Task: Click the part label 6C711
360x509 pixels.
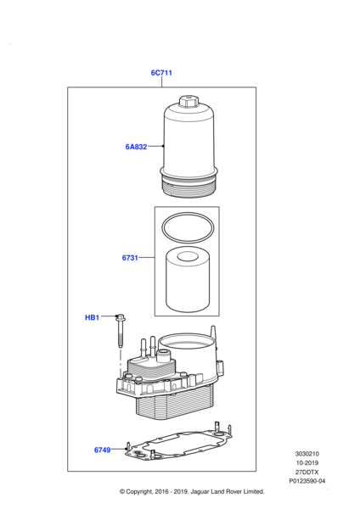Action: tap(161, 73)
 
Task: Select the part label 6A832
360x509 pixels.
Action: tap(136, 147)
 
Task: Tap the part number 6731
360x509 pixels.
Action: tap(130, 258)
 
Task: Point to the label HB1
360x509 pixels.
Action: tap(92, 317)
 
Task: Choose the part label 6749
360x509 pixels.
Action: tap(103, 450)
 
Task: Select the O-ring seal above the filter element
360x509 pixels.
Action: tap(188, 227)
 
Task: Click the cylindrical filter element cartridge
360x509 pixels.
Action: tap(188, 279)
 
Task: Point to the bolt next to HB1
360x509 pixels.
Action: tap(121, 331)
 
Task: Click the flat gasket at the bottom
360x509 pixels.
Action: tap(178, 445)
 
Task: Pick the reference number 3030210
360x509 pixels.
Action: tap(307, 454)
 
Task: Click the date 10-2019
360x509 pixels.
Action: tap(307, 463)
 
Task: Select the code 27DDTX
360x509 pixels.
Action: tap(307, 472)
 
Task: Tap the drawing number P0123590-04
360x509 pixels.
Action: tap(307, 481)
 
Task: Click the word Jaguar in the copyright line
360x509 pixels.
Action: tap(200, 492)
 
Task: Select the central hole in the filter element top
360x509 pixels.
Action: tap(188, 256)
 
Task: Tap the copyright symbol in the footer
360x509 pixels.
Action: tap(122, 492)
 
